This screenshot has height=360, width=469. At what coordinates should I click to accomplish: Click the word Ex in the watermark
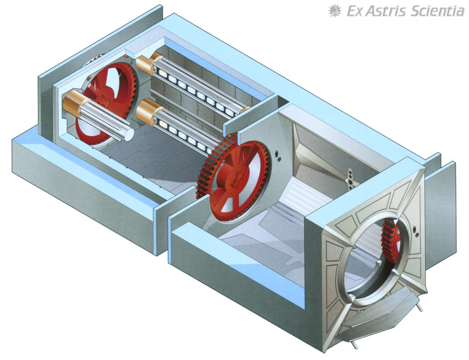354,11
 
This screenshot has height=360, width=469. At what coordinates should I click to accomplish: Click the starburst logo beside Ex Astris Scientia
335,11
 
